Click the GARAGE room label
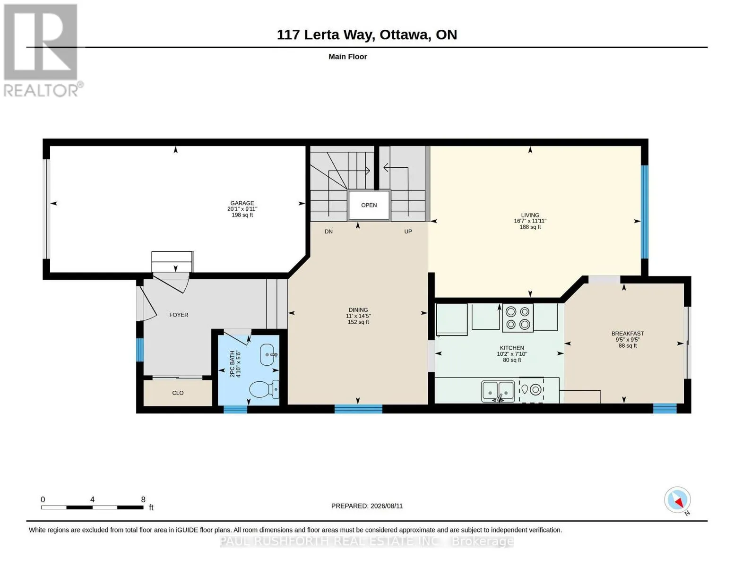coord(242,203)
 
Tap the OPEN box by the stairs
coord(369,205)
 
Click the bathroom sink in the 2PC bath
coord(269,354)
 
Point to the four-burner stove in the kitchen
coord(518,317)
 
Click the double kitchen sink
coord(498,391)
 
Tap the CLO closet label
coord(178,393)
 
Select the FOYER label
coord(179,315)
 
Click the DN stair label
coord(328,232)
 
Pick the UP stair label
coord(408,232)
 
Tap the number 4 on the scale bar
coord(92,499)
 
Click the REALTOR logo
coord(41,50)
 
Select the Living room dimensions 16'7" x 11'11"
coord(530,221)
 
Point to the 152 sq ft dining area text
coord(358,322)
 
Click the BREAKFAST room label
coord(628,333)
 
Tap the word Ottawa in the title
coord(404,34)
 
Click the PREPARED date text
coord(367,506)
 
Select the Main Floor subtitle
coord(347,56)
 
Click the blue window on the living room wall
coord(645,212)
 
